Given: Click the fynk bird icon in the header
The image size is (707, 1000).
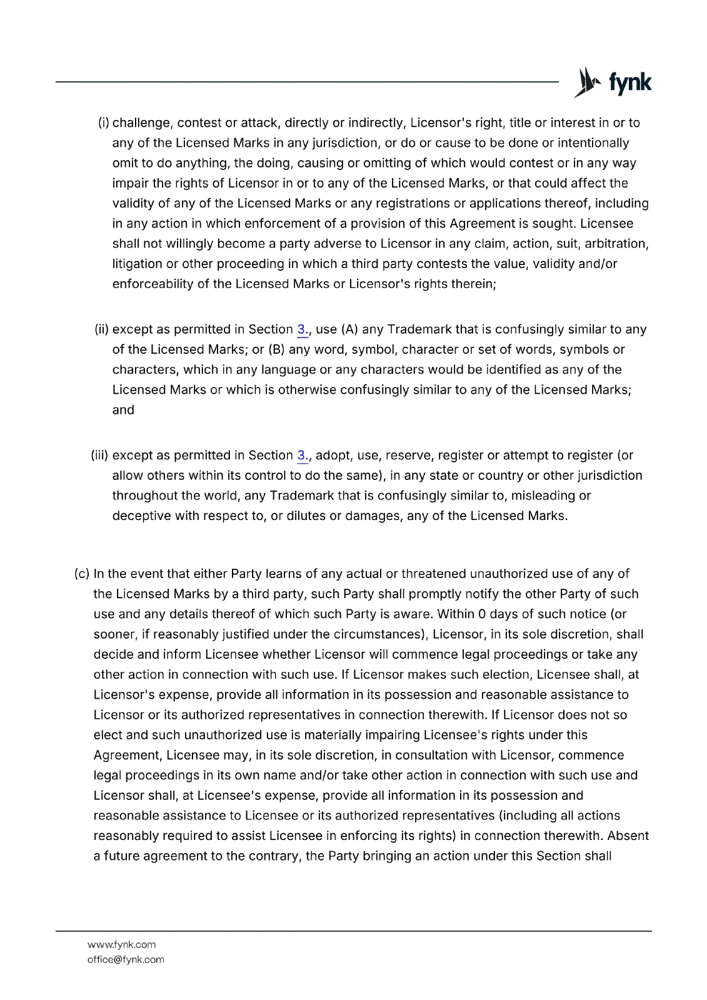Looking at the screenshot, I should [586, 82].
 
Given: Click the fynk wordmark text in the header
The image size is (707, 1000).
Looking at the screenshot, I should [630, 83].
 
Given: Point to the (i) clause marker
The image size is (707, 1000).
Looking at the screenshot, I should [104, 123].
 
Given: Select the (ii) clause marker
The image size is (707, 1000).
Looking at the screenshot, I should [102, 329].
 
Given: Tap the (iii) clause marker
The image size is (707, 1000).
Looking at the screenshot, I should [100, 456].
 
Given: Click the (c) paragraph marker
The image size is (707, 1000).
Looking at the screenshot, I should [82, 574].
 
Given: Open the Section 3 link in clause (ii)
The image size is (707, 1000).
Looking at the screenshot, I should [303, 329].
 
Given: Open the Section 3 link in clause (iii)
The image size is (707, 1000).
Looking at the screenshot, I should [303, 456].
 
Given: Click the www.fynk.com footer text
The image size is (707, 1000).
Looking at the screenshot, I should [122, 944].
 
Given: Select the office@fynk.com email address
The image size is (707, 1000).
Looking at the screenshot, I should [126, 959].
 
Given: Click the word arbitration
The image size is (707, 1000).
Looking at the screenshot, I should [616, 244].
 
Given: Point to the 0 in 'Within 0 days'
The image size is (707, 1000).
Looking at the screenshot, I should [482, 614].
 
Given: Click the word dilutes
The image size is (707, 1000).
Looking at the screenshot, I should [306, 516].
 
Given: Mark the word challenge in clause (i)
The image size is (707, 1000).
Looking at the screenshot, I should [141, 123].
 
